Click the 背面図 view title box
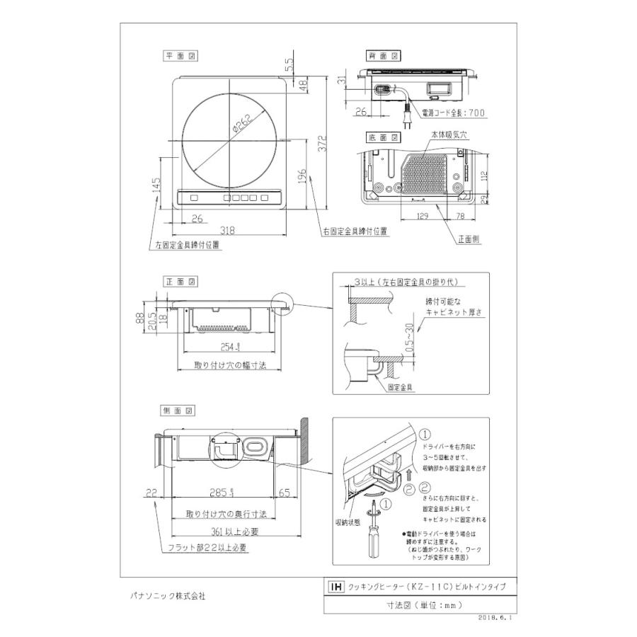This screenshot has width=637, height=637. [383, 55]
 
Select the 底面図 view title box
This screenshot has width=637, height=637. [383, 137]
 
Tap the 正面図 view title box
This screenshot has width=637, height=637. [178, 281]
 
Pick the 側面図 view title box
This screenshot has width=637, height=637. [178, 411]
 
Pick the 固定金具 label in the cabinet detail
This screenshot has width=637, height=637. [401, 388]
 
